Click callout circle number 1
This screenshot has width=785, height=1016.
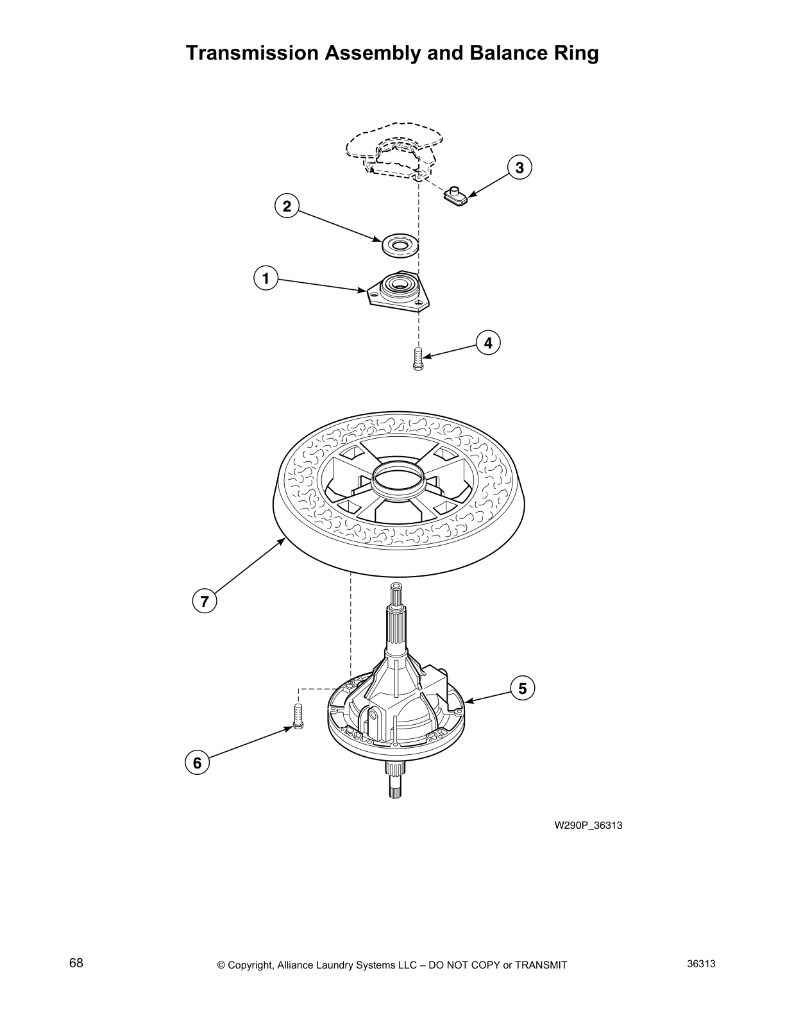[265, 279]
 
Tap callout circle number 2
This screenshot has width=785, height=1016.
[287, 206]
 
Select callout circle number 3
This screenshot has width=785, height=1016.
[519, 167]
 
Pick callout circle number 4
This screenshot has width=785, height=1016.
[488, 343]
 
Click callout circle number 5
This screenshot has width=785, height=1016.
[523, 688]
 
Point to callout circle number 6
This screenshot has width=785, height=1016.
[197, 763]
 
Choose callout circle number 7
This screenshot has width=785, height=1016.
[205, 602]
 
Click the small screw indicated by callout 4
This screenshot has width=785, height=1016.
[418, 359]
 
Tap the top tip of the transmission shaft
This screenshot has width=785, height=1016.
[396, 587]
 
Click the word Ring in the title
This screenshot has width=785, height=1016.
[575, 53]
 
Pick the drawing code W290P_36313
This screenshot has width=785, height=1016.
[588, 825]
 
